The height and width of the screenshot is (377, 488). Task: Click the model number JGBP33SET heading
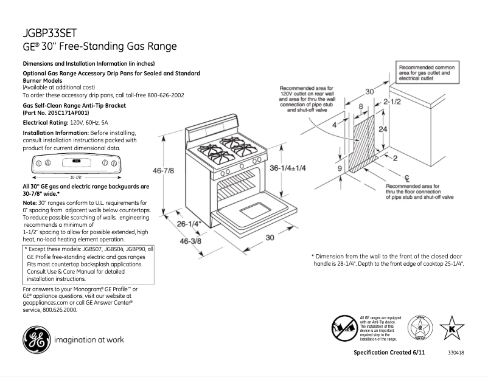point(49,33)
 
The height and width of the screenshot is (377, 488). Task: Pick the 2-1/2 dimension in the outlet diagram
point(392,102)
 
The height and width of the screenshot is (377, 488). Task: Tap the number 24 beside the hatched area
point(382,130)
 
